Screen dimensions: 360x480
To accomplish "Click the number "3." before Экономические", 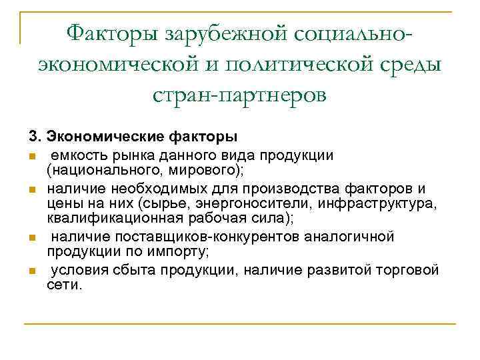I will pyautogui.click(x=34, y=138).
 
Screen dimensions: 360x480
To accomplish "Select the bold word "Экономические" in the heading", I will pyautogui.click(x=99, y=138).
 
